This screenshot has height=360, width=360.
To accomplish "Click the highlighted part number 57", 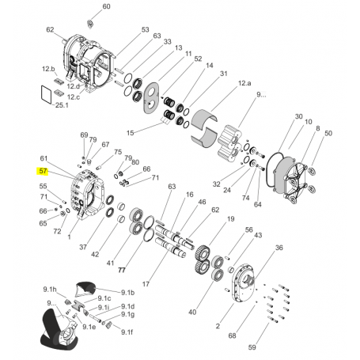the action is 43,172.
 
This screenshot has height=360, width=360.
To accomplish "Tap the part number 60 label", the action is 106,6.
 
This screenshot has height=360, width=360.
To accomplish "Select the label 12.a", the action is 244,83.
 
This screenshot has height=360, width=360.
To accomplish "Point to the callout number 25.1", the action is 62,105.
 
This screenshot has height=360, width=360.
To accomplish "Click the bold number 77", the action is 122,271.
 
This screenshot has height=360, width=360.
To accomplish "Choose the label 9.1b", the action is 128,293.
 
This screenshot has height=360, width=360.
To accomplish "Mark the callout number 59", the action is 252,347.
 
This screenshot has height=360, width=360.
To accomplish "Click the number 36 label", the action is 279,248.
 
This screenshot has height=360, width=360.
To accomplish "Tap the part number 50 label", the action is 328,134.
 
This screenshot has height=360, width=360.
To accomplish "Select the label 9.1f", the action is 127,332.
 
